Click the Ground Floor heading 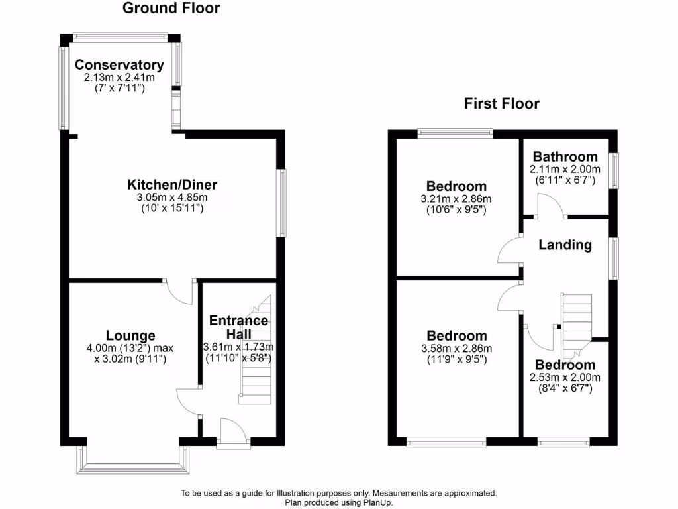(x=171, y=9)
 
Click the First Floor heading (x=501, y=103)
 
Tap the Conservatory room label (x=119, y=65)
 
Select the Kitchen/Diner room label (x=172, y=185)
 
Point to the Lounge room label (x=130, y=336)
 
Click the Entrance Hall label (x=238, y=327)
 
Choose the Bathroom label (x=565, y=157)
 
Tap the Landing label (x=565, y=245)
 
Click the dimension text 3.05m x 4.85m (x=172, y=198)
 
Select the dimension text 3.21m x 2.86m (x=456, y=199)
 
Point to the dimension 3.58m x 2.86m (x=456, y=349)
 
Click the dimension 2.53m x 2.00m (x=565, y=378)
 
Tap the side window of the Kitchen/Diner (x=282, y=203)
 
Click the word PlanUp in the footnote (x=377, y=502)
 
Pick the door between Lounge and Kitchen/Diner (x=179, y=290)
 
